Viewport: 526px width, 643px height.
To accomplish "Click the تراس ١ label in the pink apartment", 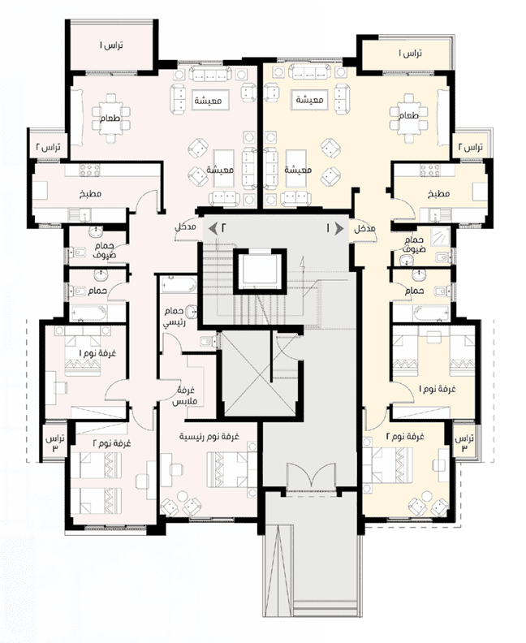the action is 111,45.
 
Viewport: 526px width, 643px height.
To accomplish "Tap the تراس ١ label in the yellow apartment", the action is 411,53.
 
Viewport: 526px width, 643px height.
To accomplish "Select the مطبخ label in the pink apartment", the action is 91,193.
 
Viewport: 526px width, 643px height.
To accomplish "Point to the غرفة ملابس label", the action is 184,395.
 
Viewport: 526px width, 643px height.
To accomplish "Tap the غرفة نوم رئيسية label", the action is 209,437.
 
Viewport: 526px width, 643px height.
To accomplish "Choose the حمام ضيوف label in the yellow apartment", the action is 414,244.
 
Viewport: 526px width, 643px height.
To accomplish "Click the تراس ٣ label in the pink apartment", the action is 55,443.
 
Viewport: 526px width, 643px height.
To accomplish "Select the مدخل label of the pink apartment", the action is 186,227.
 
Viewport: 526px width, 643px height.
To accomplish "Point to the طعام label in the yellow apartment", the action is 408,115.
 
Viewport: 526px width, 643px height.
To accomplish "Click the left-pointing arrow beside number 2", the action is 213,228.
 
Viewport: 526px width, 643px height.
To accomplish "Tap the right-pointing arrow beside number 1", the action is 339,229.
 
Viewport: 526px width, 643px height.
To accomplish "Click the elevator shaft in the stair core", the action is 258,271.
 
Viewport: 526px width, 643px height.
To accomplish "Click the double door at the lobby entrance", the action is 312,477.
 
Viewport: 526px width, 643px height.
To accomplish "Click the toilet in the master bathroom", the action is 209,342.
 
